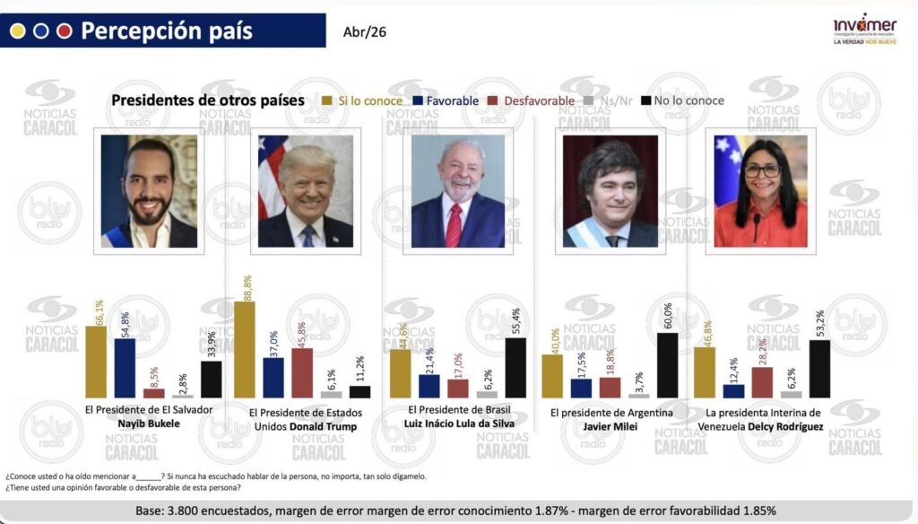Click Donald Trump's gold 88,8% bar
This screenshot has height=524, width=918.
coord(244,349)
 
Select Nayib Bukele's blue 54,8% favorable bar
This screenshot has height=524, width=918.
coord(125,368)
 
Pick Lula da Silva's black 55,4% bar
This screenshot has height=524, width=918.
coord(515,368)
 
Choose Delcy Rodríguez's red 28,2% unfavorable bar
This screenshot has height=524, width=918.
coord(762,381)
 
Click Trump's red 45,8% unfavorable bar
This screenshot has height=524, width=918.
coord(302,372)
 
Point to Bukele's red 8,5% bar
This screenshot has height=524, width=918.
coord(154,392)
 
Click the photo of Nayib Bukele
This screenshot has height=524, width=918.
coord(149,191)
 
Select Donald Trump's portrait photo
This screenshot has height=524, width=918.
coord(305,191)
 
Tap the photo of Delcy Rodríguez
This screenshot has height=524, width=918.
coord(760,191)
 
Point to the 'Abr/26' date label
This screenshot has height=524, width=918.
coord(365,33)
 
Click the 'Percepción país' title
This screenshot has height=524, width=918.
coord(167,31)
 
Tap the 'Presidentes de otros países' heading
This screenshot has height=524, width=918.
coord(208,100)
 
